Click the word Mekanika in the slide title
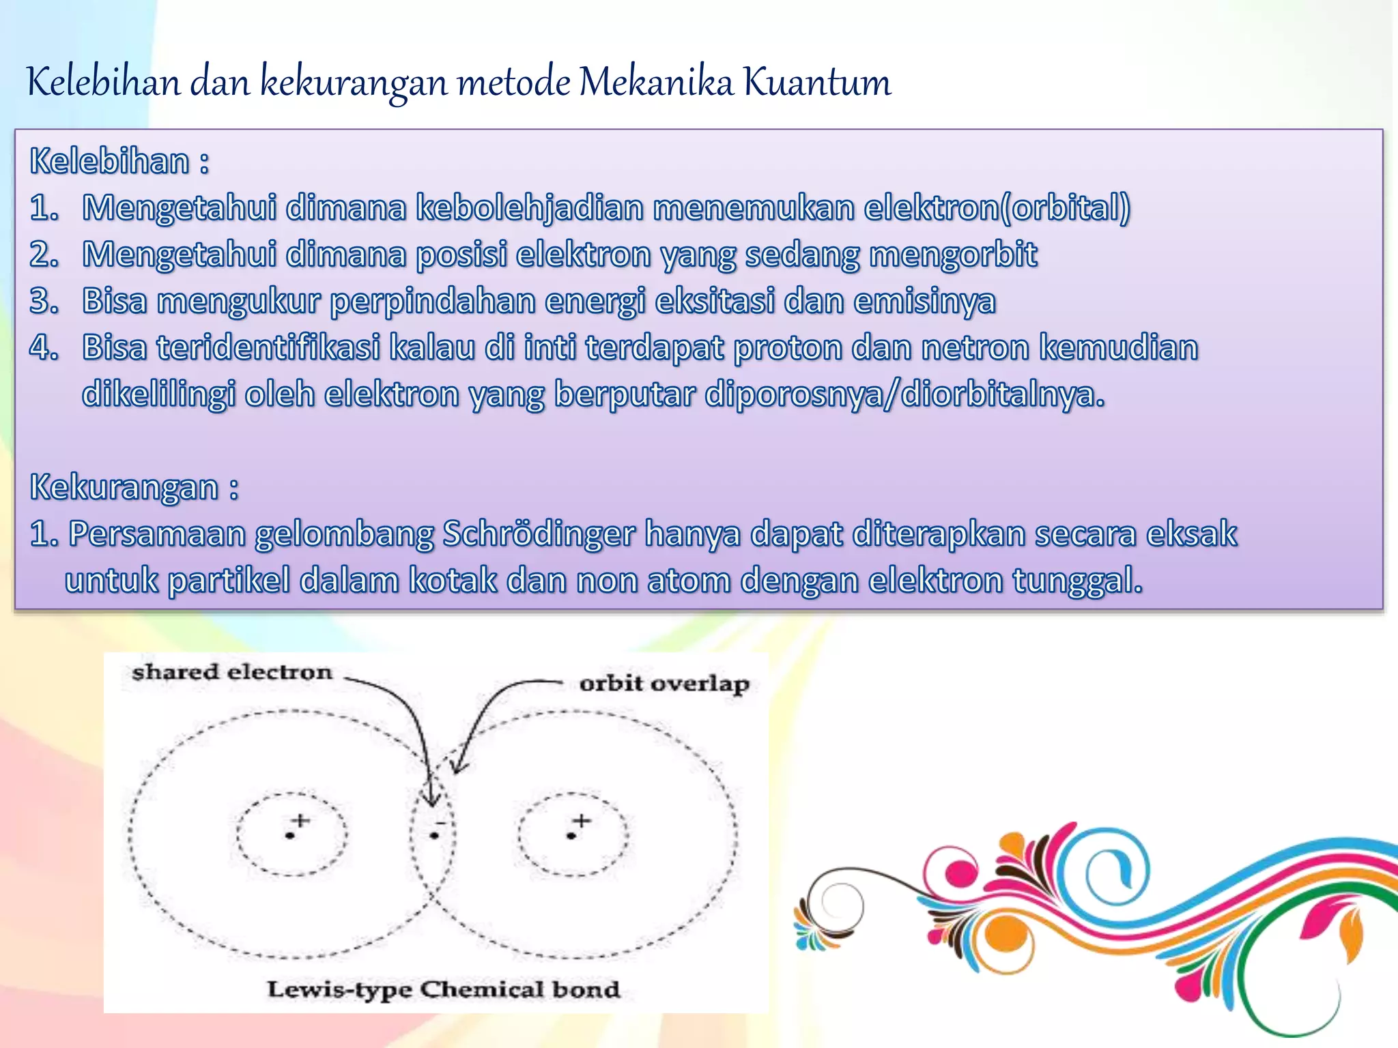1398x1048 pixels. tap(655, 83)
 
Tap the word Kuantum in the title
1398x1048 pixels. tap(816, 83)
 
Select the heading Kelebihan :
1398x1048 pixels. tap(119, 162)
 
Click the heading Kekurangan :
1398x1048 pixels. tap(134, 487)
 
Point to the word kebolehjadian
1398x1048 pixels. tap(530, 207)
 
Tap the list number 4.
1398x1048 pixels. tap(43, 347)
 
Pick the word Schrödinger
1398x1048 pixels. tap(539, 534)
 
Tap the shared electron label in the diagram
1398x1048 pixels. tap(232, 672)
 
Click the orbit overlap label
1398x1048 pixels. tap(664, 683)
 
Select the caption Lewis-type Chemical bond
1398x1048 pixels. tap(443, 989)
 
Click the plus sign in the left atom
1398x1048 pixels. tap(300, 819)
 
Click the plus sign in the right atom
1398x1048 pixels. tap(582, 819)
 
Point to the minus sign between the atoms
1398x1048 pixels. tap(440, 823)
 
